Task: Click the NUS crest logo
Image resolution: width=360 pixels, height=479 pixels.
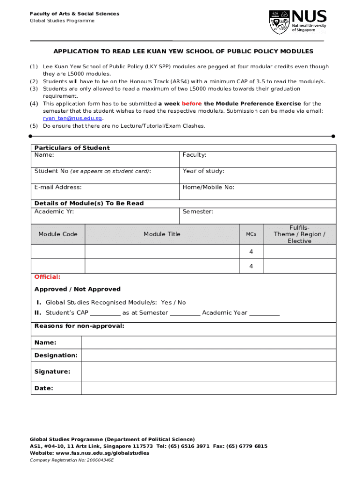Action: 280,22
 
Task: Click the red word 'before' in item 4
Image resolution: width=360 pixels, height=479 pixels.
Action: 192,103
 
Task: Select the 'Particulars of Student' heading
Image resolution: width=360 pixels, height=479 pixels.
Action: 72,148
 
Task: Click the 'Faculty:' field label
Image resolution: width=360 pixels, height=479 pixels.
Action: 194,155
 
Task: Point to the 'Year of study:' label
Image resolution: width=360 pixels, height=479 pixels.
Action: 203,171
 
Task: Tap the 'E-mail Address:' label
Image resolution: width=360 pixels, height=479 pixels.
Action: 58,187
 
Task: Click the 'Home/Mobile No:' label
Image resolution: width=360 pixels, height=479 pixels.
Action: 209,187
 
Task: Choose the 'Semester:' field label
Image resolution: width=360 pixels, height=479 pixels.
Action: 198,211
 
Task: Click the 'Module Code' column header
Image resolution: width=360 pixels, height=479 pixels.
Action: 58,234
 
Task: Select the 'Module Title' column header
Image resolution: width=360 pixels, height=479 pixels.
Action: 162,234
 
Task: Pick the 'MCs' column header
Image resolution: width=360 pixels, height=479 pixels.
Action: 251,234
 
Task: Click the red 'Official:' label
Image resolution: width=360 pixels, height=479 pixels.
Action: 47,276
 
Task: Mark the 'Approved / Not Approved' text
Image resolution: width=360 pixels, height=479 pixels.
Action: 78,289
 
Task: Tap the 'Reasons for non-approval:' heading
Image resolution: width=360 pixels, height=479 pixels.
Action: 79,326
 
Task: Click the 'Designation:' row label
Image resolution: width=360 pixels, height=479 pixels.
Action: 56,355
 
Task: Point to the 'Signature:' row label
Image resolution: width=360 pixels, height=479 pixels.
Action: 52,371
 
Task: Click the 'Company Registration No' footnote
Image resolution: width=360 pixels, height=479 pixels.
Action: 72,460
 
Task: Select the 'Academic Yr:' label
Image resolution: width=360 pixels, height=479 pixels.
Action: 54,211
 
